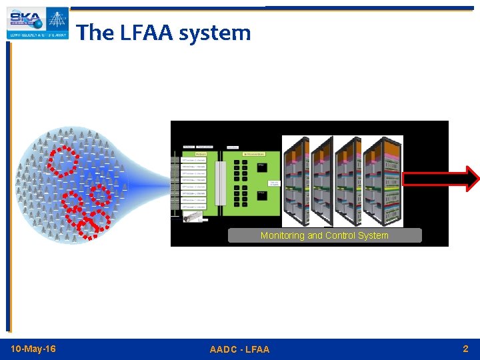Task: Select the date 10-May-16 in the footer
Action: (x=33, y=349)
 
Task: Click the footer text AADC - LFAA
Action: (x=239, y=349)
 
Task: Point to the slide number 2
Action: (x=465, y=349)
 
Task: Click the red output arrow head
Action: (x=472, y=179)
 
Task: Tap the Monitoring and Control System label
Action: (x=325, y=235)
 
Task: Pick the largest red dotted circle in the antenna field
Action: (x=62, y=160)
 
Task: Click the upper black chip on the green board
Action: (x=262, y=166)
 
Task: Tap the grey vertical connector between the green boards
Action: (x=219, y=183)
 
